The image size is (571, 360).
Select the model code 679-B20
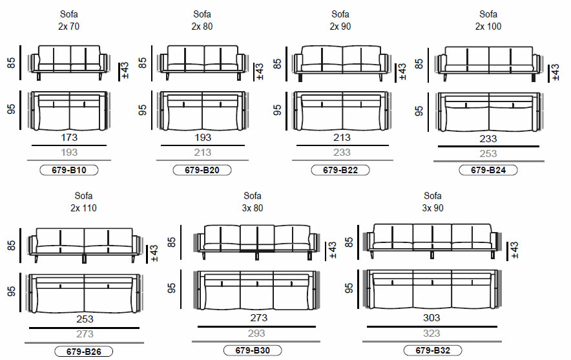[x=202, y=171]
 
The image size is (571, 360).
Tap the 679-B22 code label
[x=340, y=171]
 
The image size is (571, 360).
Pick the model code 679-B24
[x=488, y=171]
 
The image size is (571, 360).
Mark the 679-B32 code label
[x=432, y=350]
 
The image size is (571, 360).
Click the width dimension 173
[x=68, y=138]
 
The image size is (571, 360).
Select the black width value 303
[x=431, y=317]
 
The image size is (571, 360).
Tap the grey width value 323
[x=431, y=334]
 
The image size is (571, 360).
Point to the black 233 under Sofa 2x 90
[x=342, y=153]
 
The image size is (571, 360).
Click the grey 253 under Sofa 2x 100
[x=488, y=154]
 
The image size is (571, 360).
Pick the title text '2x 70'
[x=68, y=26]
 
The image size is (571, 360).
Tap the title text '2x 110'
[x=84, y=208]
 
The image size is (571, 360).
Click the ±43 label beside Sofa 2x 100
[x=554, y=73]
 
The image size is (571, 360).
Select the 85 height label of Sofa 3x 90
[x=349, y=243]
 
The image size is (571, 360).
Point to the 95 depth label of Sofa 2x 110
[x=12, y=291]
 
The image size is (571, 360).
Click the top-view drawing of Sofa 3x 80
[x=257, y=291]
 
